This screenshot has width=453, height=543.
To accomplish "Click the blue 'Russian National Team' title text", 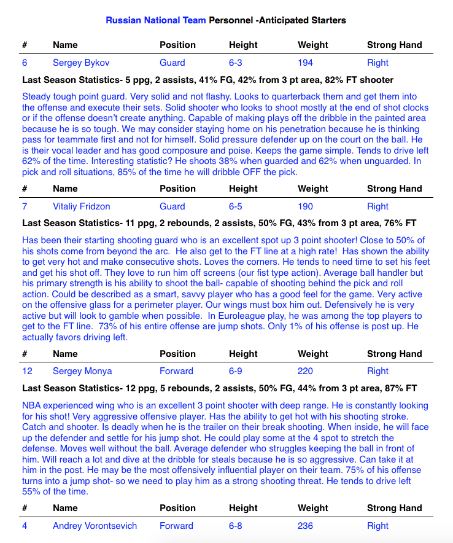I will [x=156, y=20].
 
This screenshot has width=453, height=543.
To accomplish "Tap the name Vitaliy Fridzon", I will [x=82, y=206].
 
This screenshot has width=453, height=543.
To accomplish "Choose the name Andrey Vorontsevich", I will [x=95, y=526].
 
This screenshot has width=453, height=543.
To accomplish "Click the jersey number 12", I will [x=27, y=371].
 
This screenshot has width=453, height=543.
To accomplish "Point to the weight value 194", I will [x=305, y=63].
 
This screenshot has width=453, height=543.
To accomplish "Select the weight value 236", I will [x=305, y=526].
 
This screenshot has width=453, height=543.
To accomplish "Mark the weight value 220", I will [x=305, y=371].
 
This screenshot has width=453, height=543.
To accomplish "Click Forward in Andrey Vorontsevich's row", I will [x=176, y=526].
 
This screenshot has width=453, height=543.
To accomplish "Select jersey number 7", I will [x=25, y=206].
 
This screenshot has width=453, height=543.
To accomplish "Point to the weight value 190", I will [x=305, y=206].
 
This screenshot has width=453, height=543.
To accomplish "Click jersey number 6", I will [x=25, y=63].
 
